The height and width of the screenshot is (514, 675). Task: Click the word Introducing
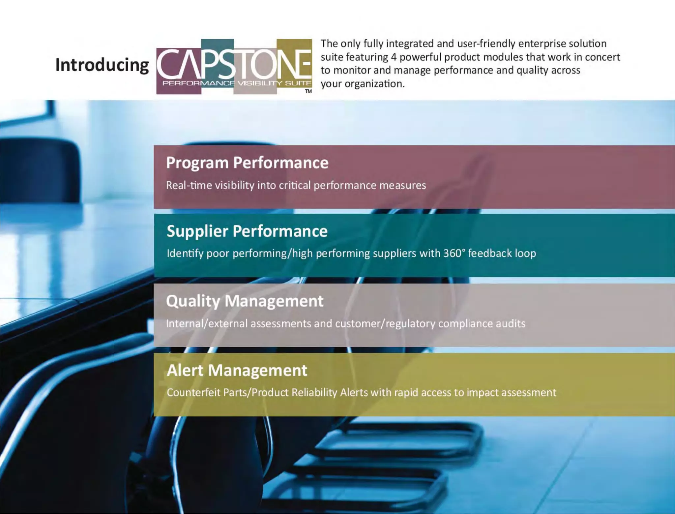(x=102, y=65)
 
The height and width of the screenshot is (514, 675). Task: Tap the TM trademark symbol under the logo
(x=308, y=91)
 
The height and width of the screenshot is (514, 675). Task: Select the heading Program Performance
(x=247, y=163)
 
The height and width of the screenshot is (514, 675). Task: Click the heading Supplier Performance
(x=247, y=231)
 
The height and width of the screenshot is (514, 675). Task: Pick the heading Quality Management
(x=245, y=301)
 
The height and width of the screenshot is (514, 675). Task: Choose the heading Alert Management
(x=237, y=370)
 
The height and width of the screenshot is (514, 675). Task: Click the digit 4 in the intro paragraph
(x=394, y=57)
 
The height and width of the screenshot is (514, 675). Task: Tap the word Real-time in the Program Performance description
(x=189, y=185)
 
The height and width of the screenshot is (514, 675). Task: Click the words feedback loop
(x=502, y=253)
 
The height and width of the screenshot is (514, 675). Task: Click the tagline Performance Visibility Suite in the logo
(x=237, y=83)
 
